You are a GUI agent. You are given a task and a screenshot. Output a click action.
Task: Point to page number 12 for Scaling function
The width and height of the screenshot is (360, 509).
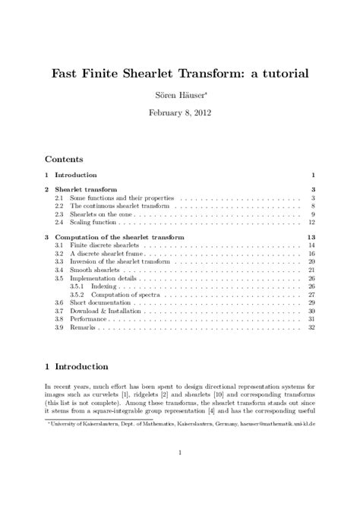click(311, 223)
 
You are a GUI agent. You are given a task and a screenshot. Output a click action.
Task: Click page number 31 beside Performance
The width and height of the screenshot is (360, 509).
click(311, 319)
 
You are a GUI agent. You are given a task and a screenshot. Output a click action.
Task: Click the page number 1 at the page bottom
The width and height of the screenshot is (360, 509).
click(179, 454)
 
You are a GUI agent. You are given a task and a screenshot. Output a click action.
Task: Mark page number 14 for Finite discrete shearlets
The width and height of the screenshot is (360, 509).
click(311, 246)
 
